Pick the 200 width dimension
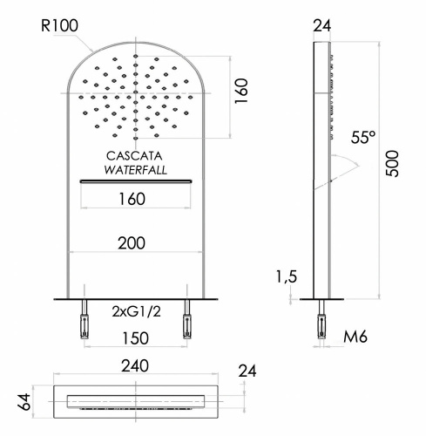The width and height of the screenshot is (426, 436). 131,243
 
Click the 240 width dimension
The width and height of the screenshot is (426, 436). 134,365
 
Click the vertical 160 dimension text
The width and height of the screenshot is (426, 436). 242,90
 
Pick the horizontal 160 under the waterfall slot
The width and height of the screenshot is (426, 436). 131,199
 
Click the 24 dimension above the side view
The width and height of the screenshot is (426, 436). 322,25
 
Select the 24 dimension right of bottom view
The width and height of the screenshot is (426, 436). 248,371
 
